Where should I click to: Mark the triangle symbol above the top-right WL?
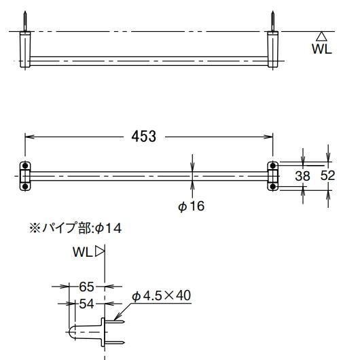click(x=322, y=36)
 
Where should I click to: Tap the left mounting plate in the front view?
click(x=25, y=175)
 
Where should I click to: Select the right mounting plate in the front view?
click(x=273, y=175)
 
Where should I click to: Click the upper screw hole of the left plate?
click(x=25, y=166)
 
